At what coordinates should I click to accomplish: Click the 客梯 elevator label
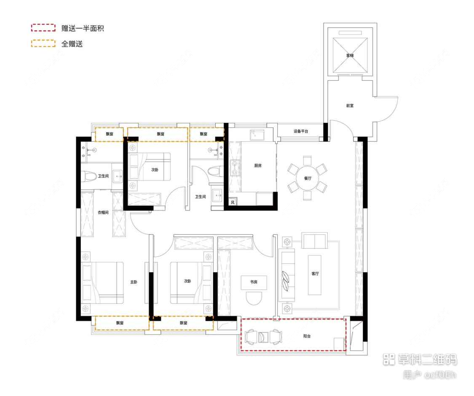[x=350, y=56]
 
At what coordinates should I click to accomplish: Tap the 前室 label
[x=349, y=106]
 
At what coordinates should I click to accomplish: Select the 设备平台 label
[x=301, y=132]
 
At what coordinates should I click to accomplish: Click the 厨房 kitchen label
[x=258, y=166]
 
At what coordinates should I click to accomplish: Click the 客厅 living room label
[x=315, y=274]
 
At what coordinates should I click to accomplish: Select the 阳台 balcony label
[x=307, y=336]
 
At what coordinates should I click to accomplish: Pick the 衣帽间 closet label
[x=104, y=213]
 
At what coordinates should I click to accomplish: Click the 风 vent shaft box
[x=233, y=202]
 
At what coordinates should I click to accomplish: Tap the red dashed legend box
[x=43, y=28]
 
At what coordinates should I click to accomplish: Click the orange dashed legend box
[x=43, y=43]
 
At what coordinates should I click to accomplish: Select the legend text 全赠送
[x=72, y=43]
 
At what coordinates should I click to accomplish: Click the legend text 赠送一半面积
[x=83, y=29]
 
